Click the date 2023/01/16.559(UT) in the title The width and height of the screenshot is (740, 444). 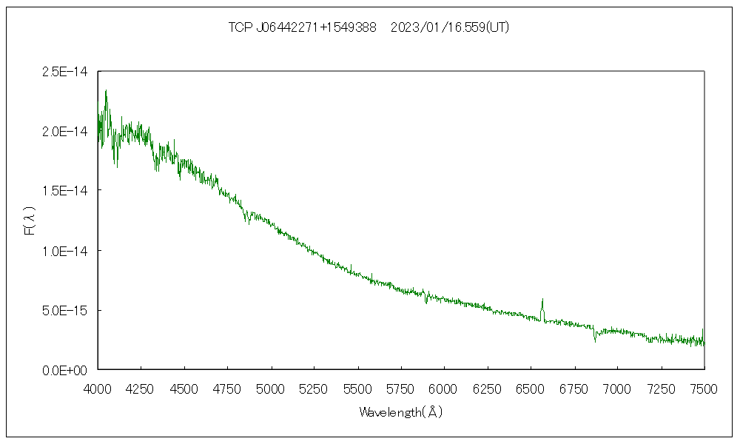coord(449,27)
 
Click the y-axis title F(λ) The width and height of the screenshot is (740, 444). coord(30,221)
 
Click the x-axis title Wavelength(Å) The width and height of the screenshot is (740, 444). coord(400,412)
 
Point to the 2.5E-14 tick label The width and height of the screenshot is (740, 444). coord(66,72)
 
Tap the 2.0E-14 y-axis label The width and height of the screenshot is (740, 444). coord(66,132)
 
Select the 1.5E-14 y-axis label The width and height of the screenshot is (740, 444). coord(66,191)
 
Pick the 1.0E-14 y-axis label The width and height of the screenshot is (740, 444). coord(66,251)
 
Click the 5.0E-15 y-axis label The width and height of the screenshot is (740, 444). coord(66,310)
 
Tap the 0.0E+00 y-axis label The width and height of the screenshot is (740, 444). coord(66,370)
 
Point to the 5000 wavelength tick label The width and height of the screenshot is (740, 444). coord(271,388)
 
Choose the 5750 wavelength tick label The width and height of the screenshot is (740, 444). coord(401,388)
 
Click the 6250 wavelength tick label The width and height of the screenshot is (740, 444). coord(488,388)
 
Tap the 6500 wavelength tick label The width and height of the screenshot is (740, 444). coord(531,388)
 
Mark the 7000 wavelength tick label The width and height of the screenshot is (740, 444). coord(617,388)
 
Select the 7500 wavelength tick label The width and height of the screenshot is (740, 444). coord(704,388)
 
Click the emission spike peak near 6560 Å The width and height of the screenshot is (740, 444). coord(542,300)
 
